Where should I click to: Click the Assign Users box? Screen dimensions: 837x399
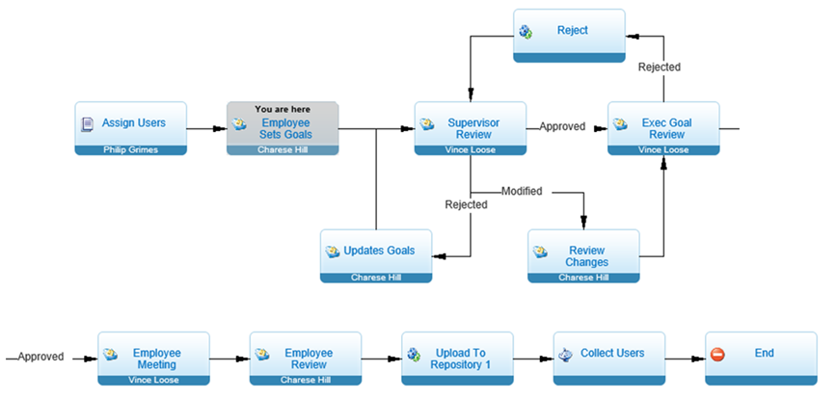click(x=131, y=128)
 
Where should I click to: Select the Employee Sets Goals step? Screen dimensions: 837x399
click(x=283, y=128)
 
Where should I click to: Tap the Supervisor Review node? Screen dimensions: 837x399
click(x=471, y=128)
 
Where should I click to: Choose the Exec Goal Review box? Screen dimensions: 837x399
click(x=663, y=128)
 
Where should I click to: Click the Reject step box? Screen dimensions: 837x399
click(x=570, y=36)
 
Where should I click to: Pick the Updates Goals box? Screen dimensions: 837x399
click(x=376, y=256)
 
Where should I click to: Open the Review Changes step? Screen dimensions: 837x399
click(x=583, y=256)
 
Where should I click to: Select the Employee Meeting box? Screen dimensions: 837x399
click(x=153, y=359)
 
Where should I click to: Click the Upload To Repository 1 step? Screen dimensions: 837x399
click(x=457, y=359)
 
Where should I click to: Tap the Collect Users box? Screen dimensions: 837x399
click(x=609, y=359)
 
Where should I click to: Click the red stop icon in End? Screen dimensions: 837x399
click(x=717, y=355)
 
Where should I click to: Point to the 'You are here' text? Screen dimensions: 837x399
click(x=283, y=109)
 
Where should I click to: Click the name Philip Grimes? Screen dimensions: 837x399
click(x=131, y=150)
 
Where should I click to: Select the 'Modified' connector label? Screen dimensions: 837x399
click(x=522, y=191)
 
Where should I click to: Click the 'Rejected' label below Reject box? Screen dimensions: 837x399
click(x=660, y=67)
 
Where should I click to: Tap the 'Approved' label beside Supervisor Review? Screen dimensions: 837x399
click(x=562, y=127)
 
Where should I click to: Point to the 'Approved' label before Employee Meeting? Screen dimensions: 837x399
click(x=40, y=357)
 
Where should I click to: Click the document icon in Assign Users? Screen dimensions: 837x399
click(x=87, y=124)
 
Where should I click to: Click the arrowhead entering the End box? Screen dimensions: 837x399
click(x=699, y=359)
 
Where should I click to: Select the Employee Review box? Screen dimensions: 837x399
click(x=306, y=359)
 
